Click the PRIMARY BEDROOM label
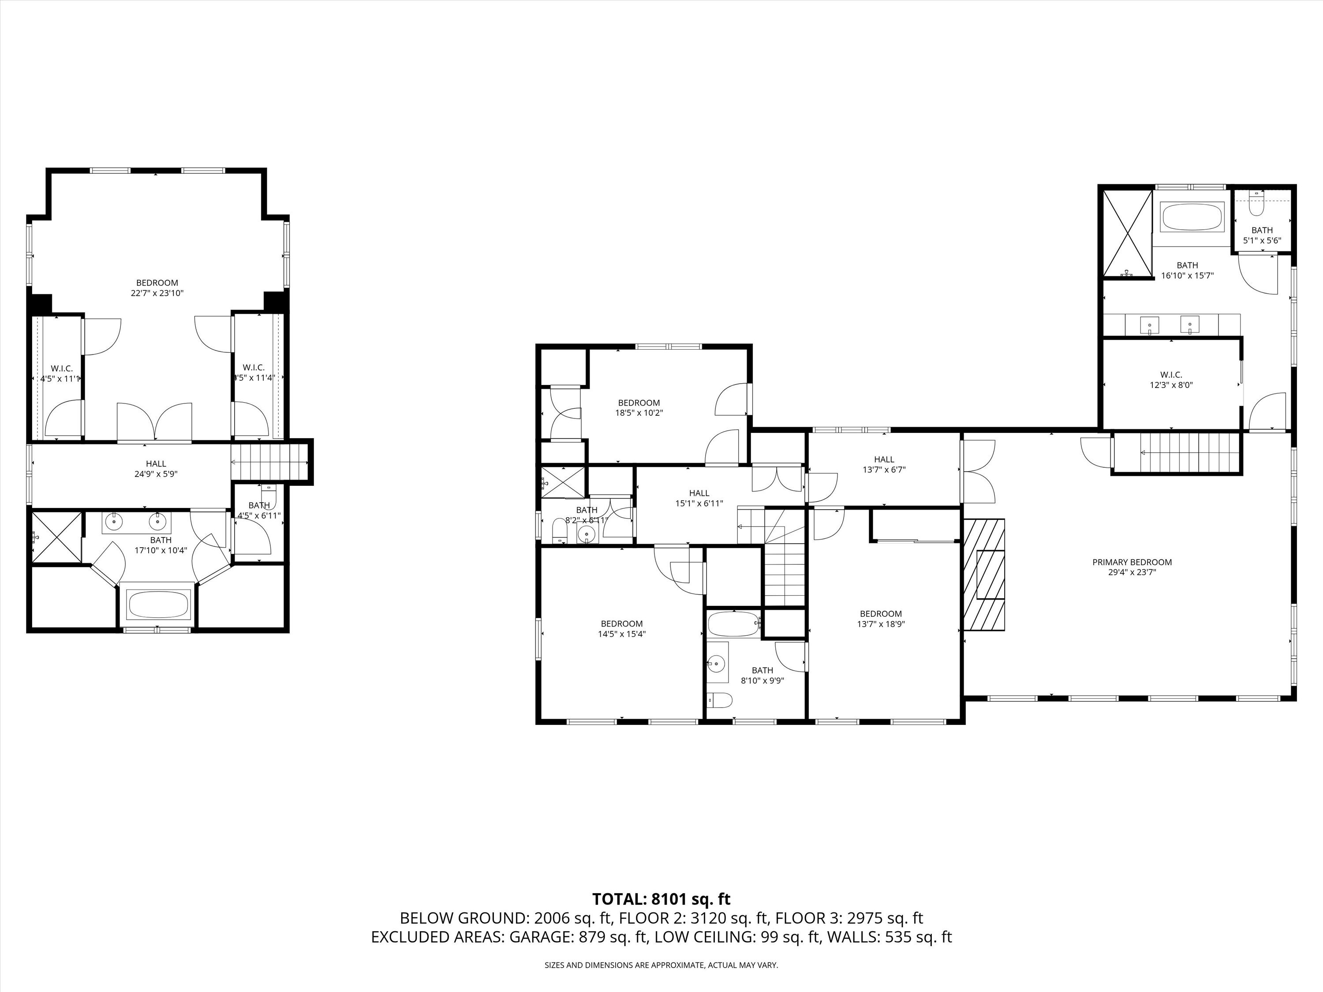tap(1132, 562)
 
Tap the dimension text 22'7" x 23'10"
tap(157, 294)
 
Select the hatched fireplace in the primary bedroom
tap(984, 574)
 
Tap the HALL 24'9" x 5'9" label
tap(156, 469)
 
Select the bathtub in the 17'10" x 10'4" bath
tap(159, 604)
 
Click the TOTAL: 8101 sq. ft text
tap(661, 899)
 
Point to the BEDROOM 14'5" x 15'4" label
tap(621, 628)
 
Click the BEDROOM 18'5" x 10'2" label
tap(639, 407)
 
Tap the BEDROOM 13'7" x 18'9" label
tap(880, 618)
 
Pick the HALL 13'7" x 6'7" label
tap(884, 465)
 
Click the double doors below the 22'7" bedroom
tap(155, 423)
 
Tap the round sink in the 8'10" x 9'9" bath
tap(716, 663)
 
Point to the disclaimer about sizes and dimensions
tap(661, 965)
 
